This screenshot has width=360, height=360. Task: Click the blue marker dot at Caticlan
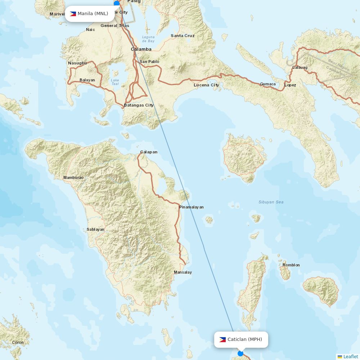(240, 354)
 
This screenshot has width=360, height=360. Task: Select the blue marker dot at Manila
(117, 3)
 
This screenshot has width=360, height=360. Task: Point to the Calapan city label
(149, 152)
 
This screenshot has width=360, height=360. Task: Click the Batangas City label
(139, 105)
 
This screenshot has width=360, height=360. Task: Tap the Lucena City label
(206, 85)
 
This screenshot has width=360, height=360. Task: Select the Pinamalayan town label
(191, 207)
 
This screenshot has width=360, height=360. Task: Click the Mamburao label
(73, 177)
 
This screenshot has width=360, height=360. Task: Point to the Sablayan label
(95, 229)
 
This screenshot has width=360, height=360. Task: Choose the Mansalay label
(183, 272)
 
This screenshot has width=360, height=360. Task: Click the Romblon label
(291, 265)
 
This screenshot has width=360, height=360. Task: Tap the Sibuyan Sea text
(271, 202)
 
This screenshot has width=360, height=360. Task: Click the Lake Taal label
(115, 82)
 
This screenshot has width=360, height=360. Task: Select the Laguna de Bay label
(148, 39)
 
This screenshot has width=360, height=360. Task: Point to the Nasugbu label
(77, 63)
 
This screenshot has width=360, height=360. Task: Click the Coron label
(18, 342)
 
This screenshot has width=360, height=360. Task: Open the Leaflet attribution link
(351, 356)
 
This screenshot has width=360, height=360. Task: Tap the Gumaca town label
(268, 84)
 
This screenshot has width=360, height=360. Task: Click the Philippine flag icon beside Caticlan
(222, 339)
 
